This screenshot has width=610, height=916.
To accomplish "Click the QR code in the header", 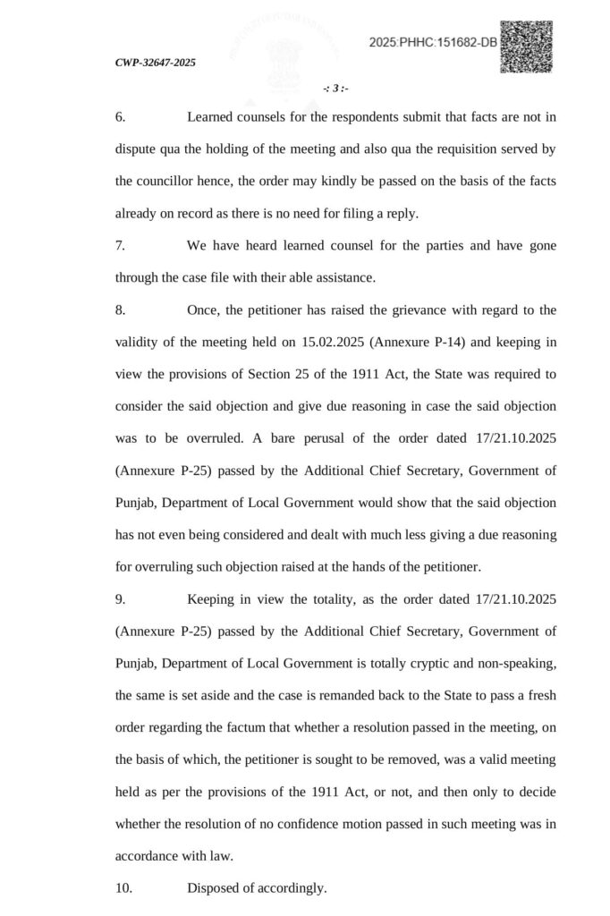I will (x=526, y=47).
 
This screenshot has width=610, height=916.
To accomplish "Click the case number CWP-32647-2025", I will (x=156, y=63).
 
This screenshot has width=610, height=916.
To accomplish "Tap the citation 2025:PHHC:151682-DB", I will (x=433, y=43).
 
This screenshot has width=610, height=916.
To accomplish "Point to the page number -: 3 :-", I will (x=335, y=88).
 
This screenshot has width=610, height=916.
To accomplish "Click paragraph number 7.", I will (x=120, y=246).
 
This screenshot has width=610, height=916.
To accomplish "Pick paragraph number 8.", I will (x=120, y=310).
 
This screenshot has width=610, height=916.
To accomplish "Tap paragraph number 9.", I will (x=120, y=598).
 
